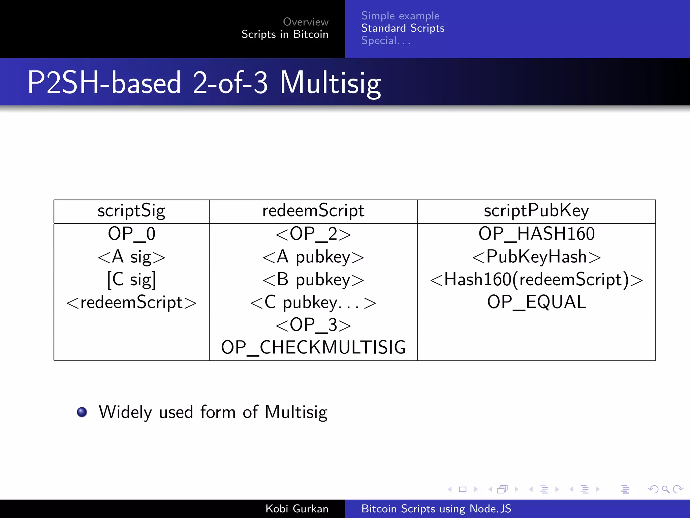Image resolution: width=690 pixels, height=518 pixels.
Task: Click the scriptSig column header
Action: point(131,211)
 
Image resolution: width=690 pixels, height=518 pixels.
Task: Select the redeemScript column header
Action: point(313,211)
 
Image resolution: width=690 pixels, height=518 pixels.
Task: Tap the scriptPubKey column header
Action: point(536,211)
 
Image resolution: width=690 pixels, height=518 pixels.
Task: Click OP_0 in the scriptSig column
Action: point(131,234)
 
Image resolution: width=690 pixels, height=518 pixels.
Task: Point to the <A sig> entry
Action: point(131,257)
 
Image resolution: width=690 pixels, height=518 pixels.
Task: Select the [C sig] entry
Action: point(131,280)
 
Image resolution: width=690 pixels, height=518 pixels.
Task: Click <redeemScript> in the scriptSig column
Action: point(131,303)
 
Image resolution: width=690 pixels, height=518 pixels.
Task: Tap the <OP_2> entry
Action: point(313,234)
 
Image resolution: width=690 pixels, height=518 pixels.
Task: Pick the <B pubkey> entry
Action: point(313,280)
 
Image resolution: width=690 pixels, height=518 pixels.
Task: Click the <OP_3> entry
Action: point(313,325)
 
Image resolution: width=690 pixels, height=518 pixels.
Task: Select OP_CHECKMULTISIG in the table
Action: point(313,348)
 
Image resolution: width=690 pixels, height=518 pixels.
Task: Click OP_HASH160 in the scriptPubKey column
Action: point(536,234)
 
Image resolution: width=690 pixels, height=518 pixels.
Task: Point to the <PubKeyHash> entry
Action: point(536,257)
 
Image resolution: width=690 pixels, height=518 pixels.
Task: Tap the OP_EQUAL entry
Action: point(536,302)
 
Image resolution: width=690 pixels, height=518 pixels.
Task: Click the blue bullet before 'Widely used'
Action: point(82,412)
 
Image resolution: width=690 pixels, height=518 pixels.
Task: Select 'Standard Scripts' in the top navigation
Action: point(403,28)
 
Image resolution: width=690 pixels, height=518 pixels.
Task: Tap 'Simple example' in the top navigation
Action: point(400,16)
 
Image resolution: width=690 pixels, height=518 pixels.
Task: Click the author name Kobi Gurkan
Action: point(296,509)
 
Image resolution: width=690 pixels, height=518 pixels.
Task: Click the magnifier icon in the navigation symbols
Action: point(665,489)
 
